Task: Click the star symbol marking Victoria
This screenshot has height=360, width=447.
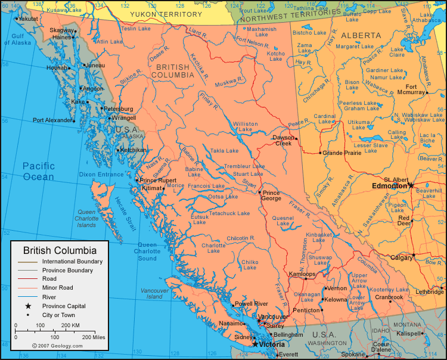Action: pos(255,344)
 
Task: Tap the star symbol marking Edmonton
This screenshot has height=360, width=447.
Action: pos(411,185)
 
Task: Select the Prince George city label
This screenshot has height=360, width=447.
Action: pos(271,196)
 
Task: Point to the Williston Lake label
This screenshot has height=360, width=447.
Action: pos(245,127)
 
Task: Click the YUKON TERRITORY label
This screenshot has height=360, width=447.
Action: pos(166,14)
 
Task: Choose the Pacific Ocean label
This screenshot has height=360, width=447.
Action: pos(38,171)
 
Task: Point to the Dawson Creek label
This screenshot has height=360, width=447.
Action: pos(283,141)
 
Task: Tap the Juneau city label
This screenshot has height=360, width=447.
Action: pos(95,65)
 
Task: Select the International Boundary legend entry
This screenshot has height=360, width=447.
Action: pos(72,261)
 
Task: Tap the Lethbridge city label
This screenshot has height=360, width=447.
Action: pos(430,291)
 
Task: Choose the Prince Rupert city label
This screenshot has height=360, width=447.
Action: pos(158,180)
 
